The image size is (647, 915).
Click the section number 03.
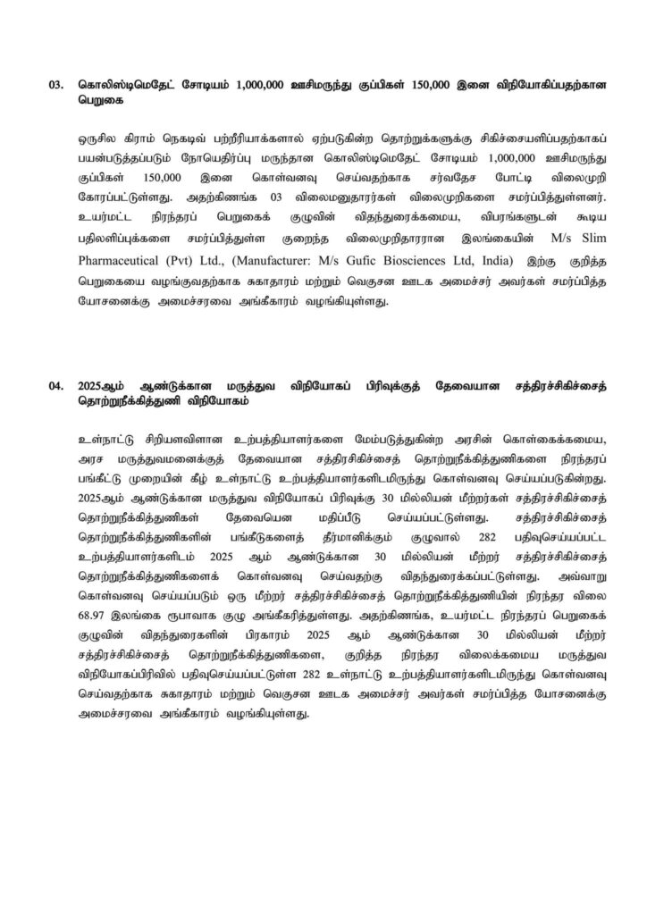coord(55,87)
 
